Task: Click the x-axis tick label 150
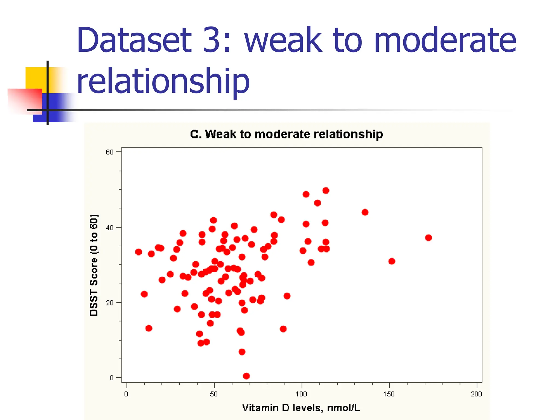(x=389, y=394)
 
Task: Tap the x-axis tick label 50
(x=214, y=394)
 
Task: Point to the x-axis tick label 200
(x=476, y=394)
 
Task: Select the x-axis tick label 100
(x=301, y=394)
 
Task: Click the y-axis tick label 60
(x=109, y=152)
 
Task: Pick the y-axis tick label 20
(x=109, y=303)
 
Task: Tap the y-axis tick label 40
(x=109, y=227)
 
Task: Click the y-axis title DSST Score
(x=94, y=265)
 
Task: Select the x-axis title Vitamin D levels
(x=301, y=408)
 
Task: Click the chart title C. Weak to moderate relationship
(x=286, y=134)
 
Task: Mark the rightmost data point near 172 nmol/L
(x=428, y=238)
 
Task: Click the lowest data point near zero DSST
(x=246, y=376)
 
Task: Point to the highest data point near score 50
(x=326, y=191)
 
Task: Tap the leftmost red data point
(x=139, y=252)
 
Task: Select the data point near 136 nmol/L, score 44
(x=365, y=212)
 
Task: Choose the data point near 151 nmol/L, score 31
(x=392, y=261)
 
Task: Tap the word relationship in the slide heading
(x=163, y=81)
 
